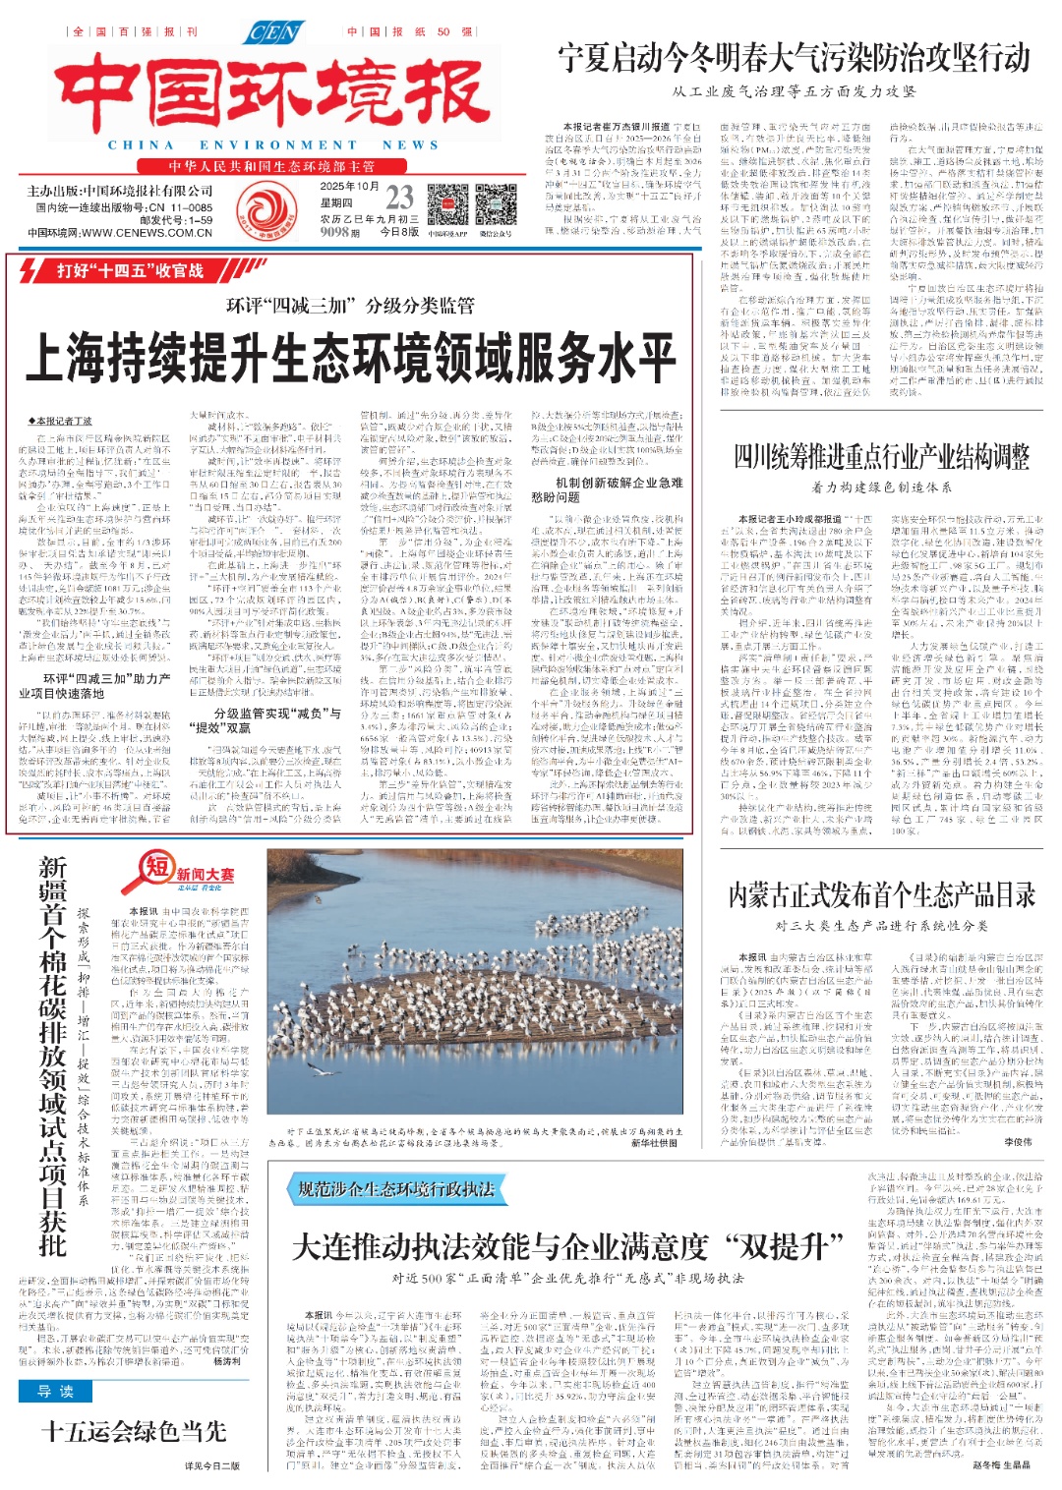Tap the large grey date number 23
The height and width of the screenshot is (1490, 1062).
(399, 197)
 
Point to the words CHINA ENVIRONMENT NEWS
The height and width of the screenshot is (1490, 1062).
(272, 144)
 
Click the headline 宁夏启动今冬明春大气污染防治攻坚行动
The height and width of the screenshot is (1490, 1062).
(794, 58)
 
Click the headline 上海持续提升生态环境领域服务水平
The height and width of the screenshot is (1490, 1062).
(349, 356)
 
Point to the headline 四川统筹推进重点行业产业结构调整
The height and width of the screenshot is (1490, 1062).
(881, 457)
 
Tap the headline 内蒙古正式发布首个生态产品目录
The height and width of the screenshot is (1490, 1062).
(881, 895)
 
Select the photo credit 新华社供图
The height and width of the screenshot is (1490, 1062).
(654, 1143)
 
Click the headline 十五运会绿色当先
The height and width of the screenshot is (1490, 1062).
(134, 1432)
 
